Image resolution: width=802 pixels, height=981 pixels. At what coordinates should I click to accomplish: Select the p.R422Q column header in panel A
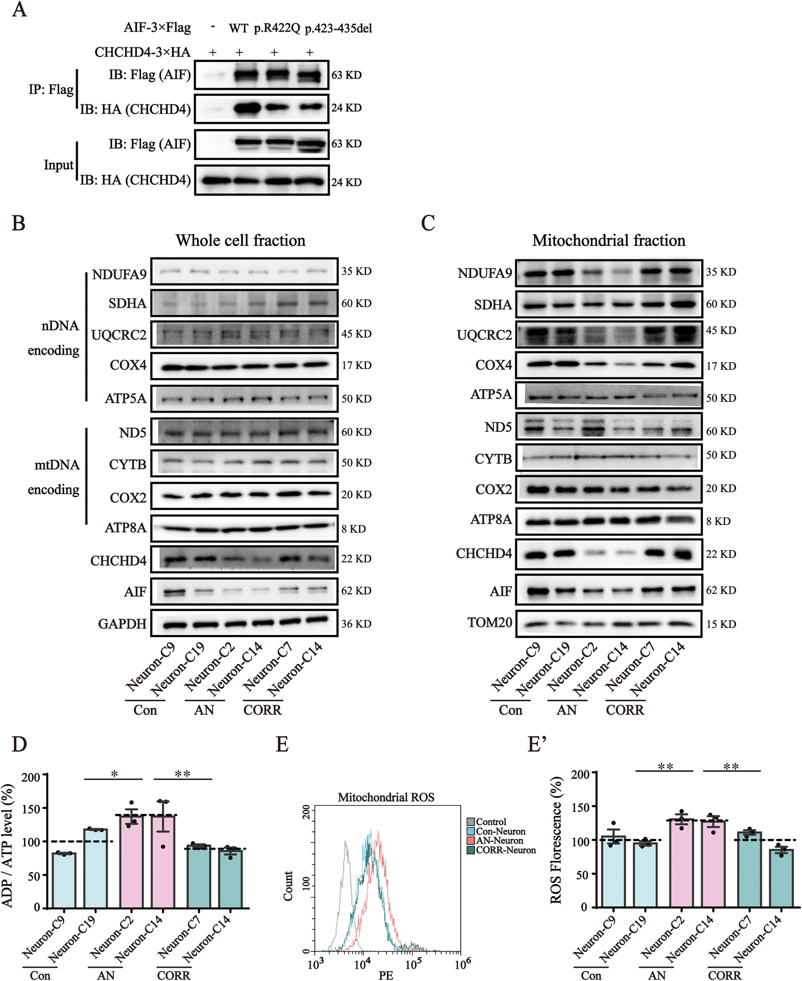click(277, 29)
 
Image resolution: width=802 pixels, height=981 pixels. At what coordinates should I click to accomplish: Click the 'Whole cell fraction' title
click(240, 241)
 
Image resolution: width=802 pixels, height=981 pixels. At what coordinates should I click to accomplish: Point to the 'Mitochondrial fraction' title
click(608, 241)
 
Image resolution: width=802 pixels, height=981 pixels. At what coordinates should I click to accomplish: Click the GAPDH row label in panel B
click(122, 624)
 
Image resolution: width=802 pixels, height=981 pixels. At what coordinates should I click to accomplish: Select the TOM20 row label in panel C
click(490, 623)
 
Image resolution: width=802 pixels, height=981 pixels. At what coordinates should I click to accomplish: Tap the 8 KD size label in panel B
click(354, 529)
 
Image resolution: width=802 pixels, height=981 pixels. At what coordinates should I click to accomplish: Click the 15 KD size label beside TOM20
click(721, 624)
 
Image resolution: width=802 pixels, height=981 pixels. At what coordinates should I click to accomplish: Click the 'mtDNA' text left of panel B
click(57, 465)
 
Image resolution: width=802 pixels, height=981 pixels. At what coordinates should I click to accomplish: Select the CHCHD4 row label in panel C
click(484, 554)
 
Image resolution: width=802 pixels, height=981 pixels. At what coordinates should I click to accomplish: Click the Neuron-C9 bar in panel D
click(64, 880)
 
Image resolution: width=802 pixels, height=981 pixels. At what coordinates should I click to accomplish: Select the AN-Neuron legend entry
click(499, 840)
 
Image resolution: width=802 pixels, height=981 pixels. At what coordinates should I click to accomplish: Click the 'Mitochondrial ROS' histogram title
click(386, 797)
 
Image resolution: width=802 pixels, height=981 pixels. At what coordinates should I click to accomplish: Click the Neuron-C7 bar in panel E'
click(749, 870)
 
